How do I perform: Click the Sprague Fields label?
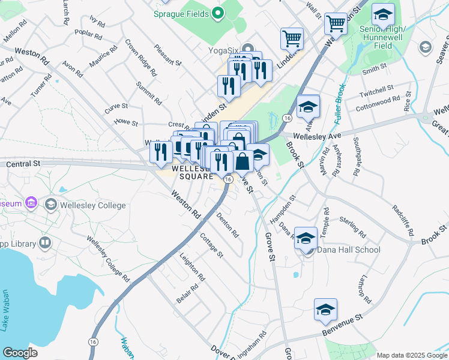pyautogui.click(x=181, y=13)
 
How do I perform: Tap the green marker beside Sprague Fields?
pyautogui.click(x=218, y=13)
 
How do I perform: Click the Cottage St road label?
pyautogui.click(x=211, y=246)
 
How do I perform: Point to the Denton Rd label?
pyautogui.click(x=228, y=224)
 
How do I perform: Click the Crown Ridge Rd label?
pyautogui.click(x=140, y=58)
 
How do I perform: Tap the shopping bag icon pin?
pyautogui.click(x=243, y=162)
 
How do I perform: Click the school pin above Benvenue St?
pyautogui.click(x=325, y=310)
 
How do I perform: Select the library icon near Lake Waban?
pyautogui.click(x=44, y=243)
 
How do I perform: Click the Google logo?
pyautogui.click(x=20, y=353)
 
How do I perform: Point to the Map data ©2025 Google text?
pyautogui.click(x=411, y=355)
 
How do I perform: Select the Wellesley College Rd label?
pyautogui.click(x=108, y=259)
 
